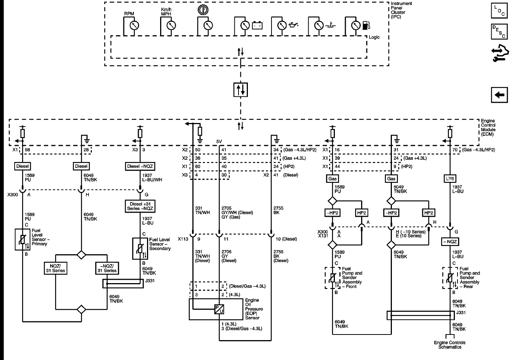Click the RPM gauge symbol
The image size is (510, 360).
tap(134, 25)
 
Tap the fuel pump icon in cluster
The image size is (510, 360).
tap(366, 25)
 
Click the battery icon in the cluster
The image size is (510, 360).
tap(257, 25)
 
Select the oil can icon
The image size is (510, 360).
tap(294, 25)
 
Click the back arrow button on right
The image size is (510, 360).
tap(499, 95)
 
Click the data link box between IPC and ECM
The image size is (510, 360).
tap(240, 90)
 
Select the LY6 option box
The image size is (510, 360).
tap(450, 179)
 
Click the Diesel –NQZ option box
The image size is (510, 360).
tap(140, 166)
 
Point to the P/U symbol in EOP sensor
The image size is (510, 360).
tap(219, 309)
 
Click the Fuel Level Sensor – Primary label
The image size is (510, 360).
tap(39, 237)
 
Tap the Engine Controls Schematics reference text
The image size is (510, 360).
tap(450, 345)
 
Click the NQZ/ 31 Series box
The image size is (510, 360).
tap(55, 268)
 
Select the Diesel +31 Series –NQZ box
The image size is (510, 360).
tap(140, 206)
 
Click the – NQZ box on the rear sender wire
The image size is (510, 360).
tap(450, 242)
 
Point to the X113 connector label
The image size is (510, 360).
tap(183, 239)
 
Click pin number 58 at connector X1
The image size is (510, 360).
tap(27, 150)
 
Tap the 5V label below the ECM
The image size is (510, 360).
tap(219, 141)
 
